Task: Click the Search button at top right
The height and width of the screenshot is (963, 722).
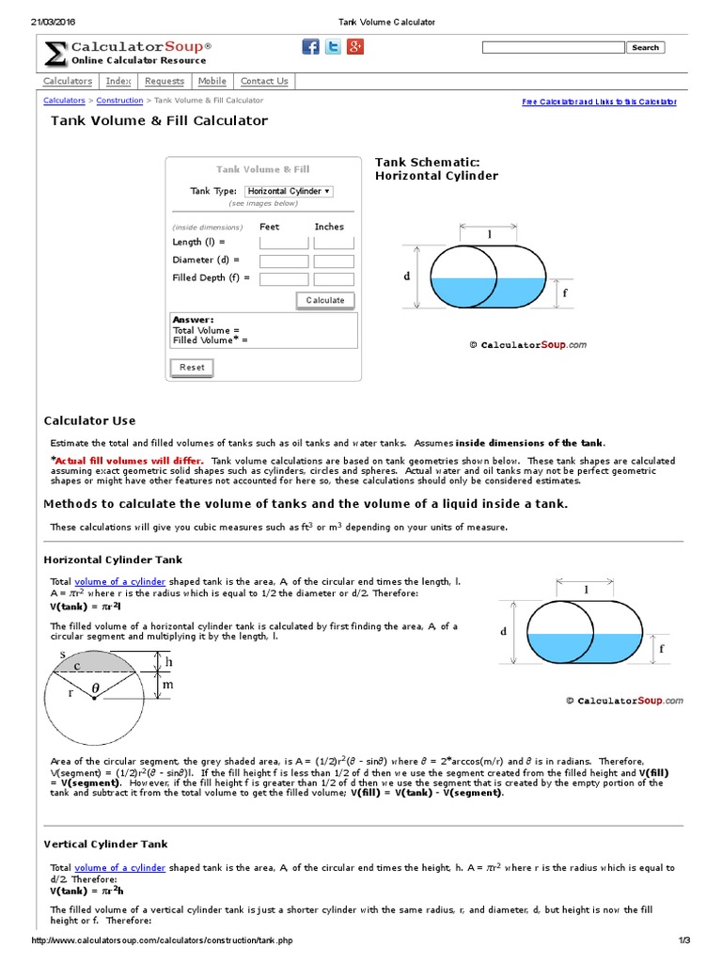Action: (x=645, y=47)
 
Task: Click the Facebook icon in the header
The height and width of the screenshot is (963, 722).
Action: (x=310, y=47)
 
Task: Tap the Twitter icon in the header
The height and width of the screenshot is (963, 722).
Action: (x=333, y=47)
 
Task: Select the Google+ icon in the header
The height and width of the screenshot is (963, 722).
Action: (x=355, y=47)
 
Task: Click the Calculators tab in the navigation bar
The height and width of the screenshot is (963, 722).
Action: (x=68, y=81)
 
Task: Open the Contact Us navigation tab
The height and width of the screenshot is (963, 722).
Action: (x=264, y=81)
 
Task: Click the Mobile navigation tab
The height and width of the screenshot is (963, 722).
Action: (x=212, y=81)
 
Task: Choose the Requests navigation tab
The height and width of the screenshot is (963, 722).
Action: (x=165, y=81)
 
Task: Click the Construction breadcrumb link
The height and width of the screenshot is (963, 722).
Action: (x=119, y=101)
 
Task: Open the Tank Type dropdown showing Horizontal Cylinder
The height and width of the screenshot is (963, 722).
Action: (x=289, y=191)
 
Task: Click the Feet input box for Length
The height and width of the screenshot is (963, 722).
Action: (x=283, y=243)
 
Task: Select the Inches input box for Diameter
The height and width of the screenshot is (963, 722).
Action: (x=334, y=260)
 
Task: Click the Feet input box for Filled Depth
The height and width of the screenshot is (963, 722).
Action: (x=283, y=279)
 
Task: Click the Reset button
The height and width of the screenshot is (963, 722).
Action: (x=192, y=368)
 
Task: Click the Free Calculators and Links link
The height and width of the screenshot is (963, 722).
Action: (x=599, y=102)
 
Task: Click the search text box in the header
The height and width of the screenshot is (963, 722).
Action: (x=552, y=47)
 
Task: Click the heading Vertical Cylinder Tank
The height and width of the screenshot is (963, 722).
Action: (x=106, y=845)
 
